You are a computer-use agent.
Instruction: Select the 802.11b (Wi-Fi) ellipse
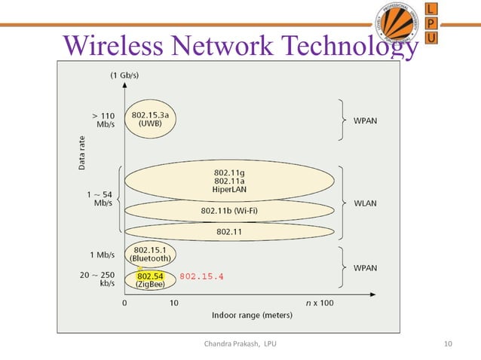tap(229, 210)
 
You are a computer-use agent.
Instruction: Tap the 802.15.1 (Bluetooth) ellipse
tap(151, 253)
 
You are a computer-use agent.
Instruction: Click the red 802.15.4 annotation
tap(201, 276)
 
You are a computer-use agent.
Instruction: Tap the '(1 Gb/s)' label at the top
tap(124, 75)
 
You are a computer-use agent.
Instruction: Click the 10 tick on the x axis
tap(173, 304)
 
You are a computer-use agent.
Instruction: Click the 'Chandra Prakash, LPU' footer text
tap(240, 344)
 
